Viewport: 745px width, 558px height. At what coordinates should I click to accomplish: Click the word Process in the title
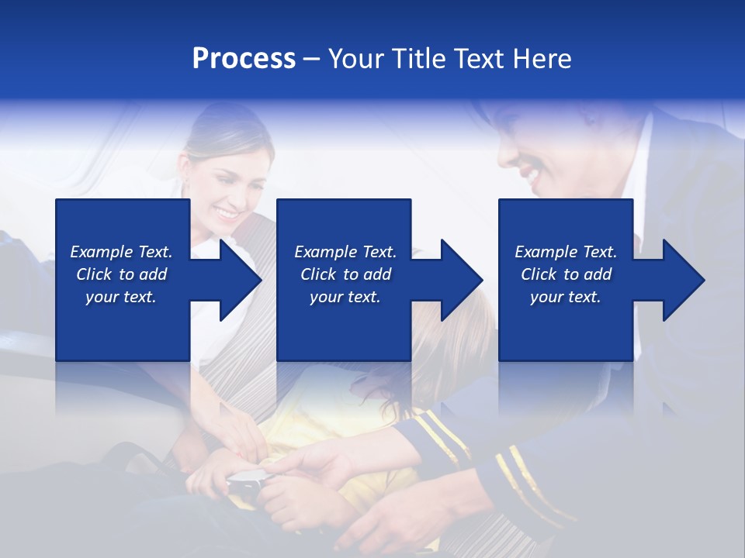[244, 59]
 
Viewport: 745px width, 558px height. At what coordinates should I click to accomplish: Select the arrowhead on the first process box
[241, 280]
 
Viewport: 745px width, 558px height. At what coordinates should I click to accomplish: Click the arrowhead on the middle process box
[462, 280]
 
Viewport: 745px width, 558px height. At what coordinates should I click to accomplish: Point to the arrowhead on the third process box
[684, 280]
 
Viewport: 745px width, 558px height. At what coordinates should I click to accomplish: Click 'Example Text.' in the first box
[121, 252]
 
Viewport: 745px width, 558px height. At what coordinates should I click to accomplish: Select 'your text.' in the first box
[121, 297]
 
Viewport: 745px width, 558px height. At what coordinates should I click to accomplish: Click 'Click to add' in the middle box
[345, 274]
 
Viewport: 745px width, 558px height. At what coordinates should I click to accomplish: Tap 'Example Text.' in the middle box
[345, 252]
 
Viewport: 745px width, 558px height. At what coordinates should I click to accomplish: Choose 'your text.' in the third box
[566, 297]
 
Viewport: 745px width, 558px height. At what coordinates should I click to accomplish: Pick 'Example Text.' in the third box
[566, 252]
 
